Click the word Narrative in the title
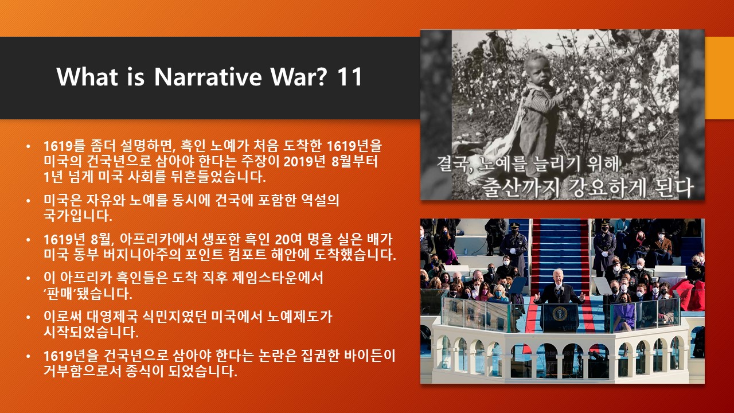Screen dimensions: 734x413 pyautogui.click(x=208, y=77)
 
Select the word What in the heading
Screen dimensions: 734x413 pyautogui.click(x=87, y=77)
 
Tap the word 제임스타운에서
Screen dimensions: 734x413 pyautogui.click(x=277, y=278)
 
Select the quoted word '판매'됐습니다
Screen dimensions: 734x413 pyautogui.click(x=88, y=293)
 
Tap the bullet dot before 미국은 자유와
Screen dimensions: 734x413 pyautogui.click(x=29, y=200)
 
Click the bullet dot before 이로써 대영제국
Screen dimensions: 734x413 pyautogui.click(x=29, y=317)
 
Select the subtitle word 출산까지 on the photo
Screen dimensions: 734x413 pyautogui.click(x=521, y=187)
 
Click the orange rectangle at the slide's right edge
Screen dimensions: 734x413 pyautogui.click(x=719, y=78)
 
